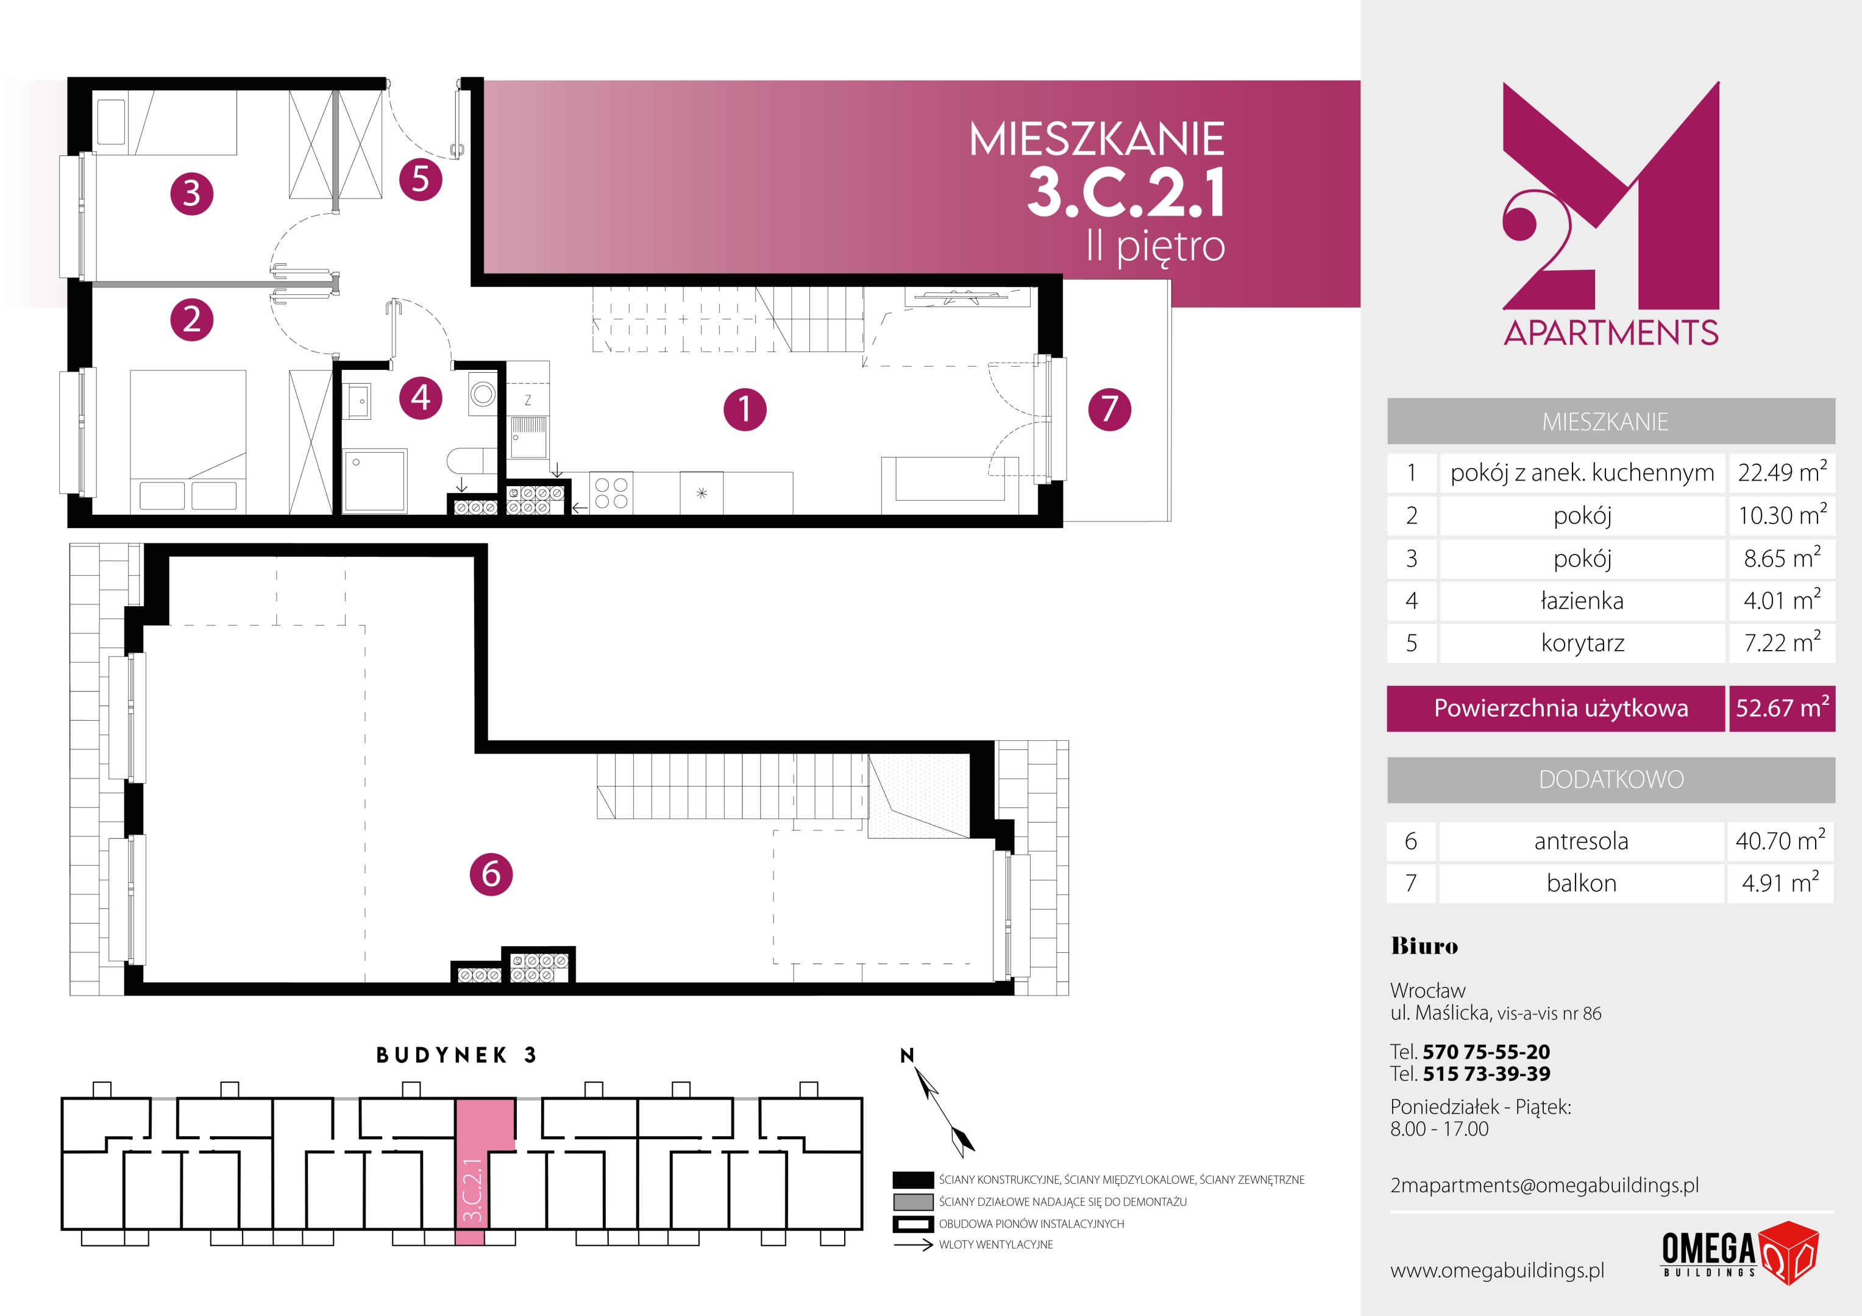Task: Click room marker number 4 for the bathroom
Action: pos(421,397)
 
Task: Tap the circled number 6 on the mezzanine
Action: pos(491,874)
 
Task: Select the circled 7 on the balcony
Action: pos(1109,409)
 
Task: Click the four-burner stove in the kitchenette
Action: pos(611,493)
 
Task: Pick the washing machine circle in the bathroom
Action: pos(483,395)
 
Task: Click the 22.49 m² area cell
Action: pos(1782,473)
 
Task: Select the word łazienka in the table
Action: pos(1582,601)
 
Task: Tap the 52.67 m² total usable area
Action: pos(1782,708)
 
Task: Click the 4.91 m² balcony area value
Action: pos(1780,883)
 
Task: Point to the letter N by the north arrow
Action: pos(907,1055)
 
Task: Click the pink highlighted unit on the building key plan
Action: pos(478,1159)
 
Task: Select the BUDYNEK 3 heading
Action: pos(457,1055)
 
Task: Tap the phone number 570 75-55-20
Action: pos(1486,1052)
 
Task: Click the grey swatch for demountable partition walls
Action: pos(912,1201)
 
